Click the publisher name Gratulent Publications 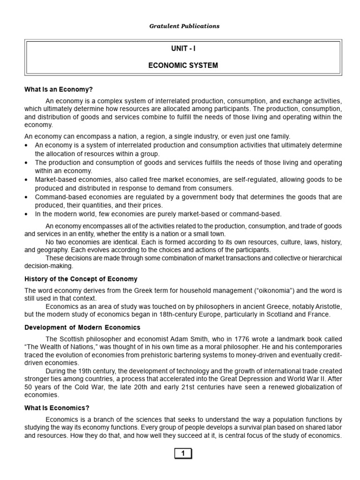(183, 26)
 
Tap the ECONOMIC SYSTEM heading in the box (183, 65)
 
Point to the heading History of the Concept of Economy (81, 279)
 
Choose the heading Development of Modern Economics (82, 327)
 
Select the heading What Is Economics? (56, 408)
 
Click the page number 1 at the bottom (183, 453)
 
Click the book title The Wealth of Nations (58, 347)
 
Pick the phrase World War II (291, 379)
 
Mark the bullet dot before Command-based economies (26, 197)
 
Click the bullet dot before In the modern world (26, 214)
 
